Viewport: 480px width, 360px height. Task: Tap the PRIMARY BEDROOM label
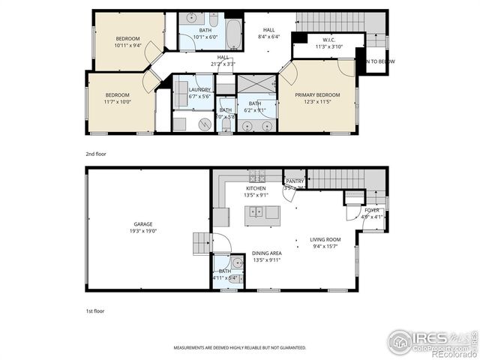[x=317, y=95]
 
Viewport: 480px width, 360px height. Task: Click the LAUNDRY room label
[x=199, y=90]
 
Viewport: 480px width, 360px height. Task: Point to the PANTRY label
[x=294, y=181]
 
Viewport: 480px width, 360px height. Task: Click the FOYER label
[x=372, y=211]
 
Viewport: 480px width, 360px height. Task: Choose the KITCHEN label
[x=256, y=188]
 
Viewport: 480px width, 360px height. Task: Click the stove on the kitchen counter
[x=257, y=177]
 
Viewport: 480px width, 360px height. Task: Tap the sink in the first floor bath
[x=237, y=262]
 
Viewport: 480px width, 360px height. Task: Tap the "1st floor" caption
[x=94, y=310]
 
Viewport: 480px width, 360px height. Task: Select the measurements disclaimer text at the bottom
[x=240, y=348]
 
